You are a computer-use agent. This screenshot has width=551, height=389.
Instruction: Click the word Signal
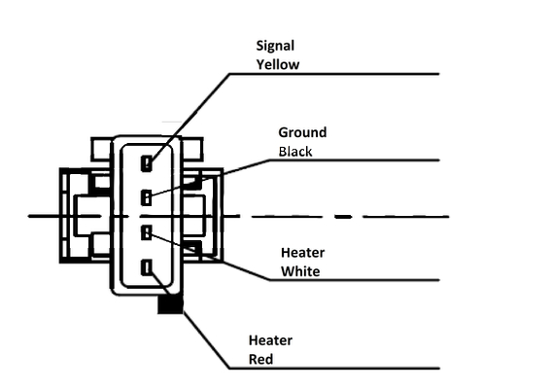(275, 47)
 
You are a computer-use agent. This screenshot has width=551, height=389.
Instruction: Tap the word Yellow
(278, 65)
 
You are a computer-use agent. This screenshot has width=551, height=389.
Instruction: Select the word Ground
(302, 132)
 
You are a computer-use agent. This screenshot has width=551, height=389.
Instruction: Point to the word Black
(295, 152)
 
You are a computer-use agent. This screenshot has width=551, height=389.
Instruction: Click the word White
(300, 271)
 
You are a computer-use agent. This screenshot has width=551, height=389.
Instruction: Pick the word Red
(260, 359)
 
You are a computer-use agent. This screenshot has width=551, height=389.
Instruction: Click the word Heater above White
(302, 253)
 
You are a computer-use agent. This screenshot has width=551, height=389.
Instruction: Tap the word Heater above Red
(270, 340)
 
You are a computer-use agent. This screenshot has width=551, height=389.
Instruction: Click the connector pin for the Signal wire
(147, 163)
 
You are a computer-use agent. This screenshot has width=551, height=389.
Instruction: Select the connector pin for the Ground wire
(146, 197)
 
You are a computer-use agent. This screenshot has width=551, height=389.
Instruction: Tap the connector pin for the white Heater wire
(146, 232)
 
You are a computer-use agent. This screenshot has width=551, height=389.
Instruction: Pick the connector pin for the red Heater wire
(147, 267)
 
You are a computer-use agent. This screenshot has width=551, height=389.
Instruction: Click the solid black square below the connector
(170, 303)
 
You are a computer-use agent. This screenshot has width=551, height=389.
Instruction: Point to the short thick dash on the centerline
(343, 217)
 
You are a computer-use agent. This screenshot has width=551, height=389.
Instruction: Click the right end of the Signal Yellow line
(439, 74)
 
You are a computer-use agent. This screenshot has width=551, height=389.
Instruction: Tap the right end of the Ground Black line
(439, 160)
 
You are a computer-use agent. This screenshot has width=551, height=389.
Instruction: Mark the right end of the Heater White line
(439, 280)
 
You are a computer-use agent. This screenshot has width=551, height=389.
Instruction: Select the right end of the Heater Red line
(439, 369)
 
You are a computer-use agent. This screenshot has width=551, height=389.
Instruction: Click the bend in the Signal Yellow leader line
(229, 74)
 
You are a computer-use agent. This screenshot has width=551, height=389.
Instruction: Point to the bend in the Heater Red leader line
(229, 369)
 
